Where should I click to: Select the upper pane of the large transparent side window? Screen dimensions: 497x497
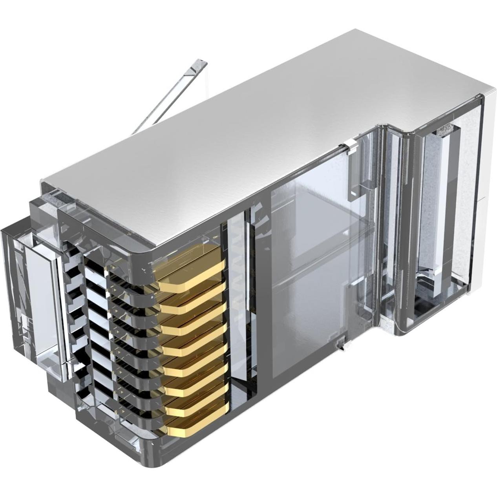point(314,208)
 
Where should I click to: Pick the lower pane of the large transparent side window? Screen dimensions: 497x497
point(306,310)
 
